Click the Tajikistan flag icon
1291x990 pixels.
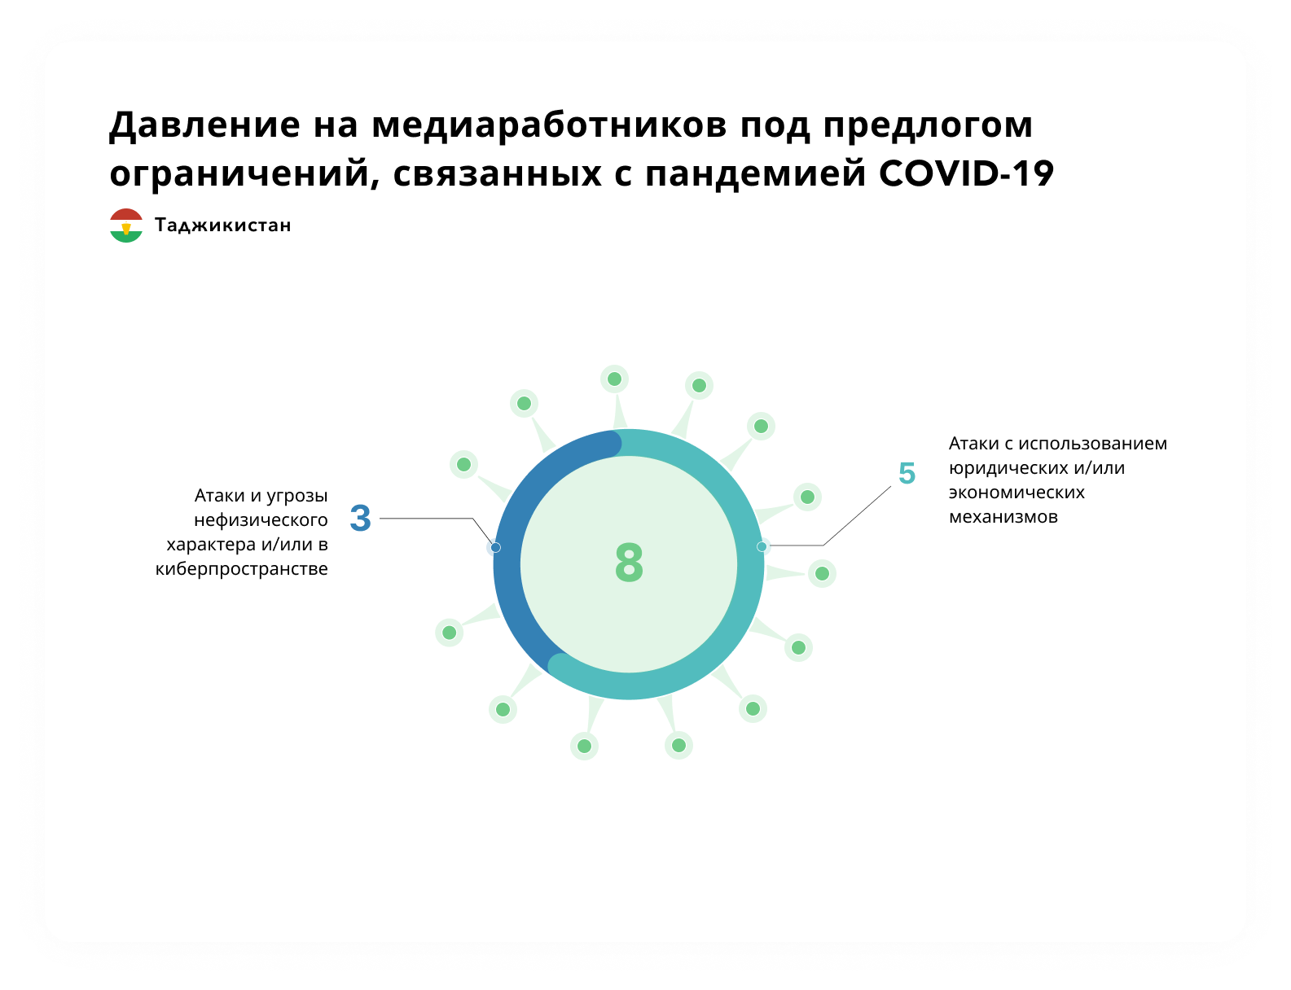(126, 225)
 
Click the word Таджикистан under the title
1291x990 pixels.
(223, 225)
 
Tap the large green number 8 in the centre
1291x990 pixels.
(629, 562)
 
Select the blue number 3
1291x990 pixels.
(360, 517)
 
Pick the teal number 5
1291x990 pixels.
(907, 473)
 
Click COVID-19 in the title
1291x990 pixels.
(966, 174)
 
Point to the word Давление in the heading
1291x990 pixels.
(204, 125)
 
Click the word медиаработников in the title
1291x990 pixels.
(549, 125)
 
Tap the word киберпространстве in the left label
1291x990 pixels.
(241, 569)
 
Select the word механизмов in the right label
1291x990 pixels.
(1003, 517)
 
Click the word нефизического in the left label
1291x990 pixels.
(261, 520)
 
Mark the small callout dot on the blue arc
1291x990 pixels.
(495, 547)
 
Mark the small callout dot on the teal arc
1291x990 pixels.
(762, 546)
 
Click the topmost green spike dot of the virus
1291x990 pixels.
(614, 379)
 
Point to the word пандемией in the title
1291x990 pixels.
(755, 174)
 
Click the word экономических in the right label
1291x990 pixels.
(1017, 493)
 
